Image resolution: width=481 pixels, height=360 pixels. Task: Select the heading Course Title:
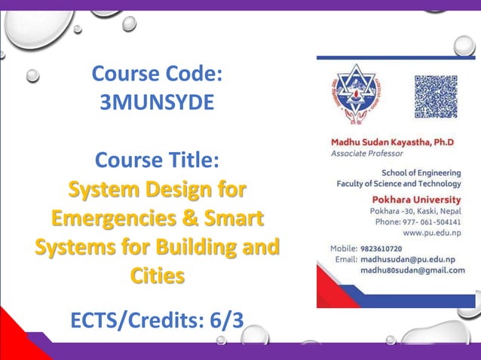(157, 160)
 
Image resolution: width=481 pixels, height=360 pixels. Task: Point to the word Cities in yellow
(157, 276)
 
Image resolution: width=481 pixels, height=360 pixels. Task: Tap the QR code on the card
(436, 96)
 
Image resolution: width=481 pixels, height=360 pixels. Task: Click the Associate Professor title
(366, 153)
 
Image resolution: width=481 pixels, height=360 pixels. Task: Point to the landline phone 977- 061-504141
(434, 222)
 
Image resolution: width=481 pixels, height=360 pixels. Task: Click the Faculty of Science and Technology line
(398, 183)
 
